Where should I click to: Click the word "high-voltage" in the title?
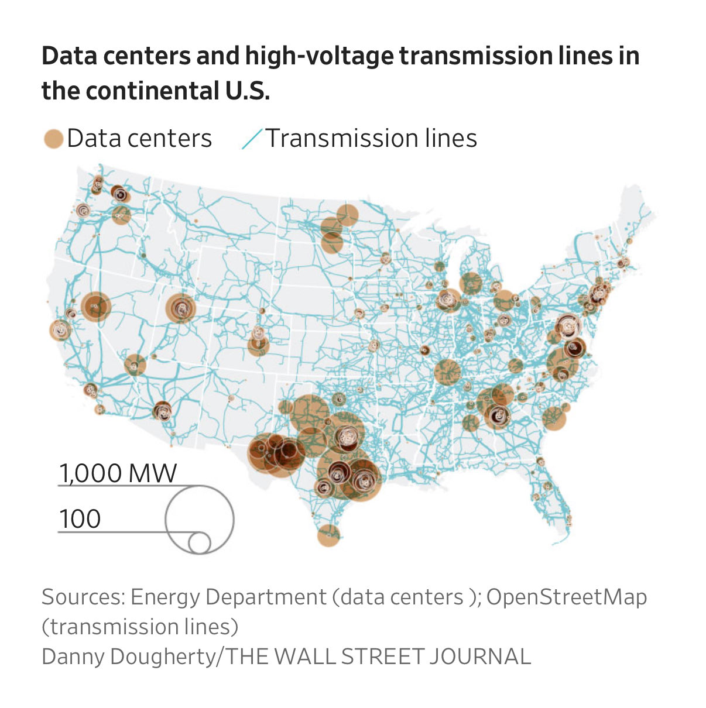pos(320,57)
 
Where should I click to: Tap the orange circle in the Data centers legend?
pos(53,139)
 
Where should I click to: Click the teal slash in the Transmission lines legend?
pos(252,139)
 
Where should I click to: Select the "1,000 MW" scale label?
pos(118,473)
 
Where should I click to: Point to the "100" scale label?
pos(80,519)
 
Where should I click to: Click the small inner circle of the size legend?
pos(200,543)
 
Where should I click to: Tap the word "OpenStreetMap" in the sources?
pos(566,597)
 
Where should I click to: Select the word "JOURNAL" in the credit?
pos(479,657)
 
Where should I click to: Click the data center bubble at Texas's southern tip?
pos(328,535)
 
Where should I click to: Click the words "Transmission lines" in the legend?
pos(371,139)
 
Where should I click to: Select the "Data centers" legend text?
pos(139,139)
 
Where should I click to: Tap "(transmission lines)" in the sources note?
pos(140,627)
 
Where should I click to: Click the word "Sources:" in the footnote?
pos(83,597)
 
